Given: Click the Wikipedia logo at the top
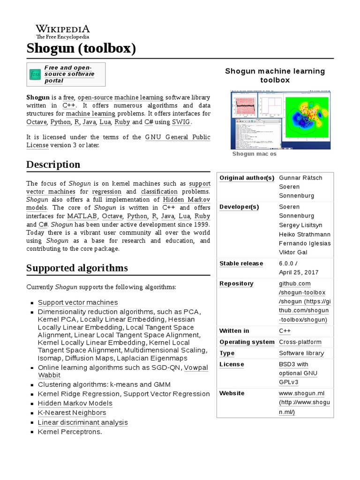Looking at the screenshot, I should pos(63,32).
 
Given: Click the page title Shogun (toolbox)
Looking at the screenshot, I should pos(81,48).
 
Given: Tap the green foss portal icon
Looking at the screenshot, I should pos(35,74).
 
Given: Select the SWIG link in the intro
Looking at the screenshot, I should pos(181,122).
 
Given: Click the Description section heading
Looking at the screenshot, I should pos(53,165).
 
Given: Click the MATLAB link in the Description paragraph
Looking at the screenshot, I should pos(82,216).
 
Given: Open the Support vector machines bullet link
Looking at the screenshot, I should pos(78,302).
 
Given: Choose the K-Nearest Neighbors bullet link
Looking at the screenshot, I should pos(72,412).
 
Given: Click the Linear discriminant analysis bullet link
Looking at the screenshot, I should pos(82,422).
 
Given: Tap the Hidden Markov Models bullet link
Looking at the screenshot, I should pos(75,403).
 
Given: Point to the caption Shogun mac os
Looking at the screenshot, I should pos(255,154).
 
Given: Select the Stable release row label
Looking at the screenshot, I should pos(241,263).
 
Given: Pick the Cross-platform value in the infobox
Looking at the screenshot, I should pos(300,342).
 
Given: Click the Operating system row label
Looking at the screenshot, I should pos(247,342).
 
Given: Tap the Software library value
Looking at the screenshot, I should pos(300,353).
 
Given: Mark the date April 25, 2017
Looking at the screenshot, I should pos(299,272).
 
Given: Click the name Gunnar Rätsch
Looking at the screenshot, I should pos(300,178).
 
